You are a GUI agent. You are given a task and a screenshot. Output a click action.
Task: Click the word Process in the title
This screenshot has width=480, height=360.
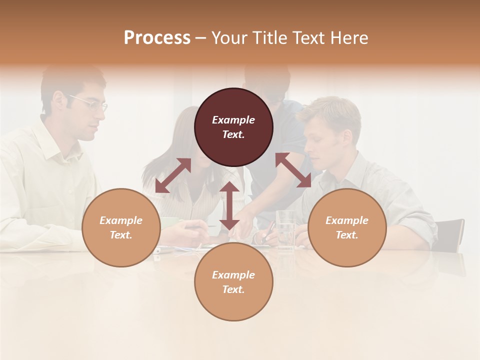157,38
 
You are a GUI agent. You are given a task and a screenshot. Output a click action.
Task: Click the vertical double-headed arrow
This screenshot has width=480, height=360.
229,205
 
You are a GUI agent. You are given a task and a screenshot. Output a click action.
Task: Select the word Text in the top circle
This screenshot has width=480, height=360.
233,134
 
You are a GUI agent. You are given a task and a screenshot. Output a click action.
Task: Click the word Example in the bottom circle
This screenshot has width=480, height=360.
233,275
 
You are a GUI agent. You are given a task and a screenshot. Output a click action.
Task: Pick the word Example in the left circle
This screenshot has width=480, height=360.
121,220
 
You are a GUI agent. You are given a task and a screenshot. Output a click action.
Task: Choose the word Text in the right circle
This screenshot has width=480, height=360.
347,235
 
